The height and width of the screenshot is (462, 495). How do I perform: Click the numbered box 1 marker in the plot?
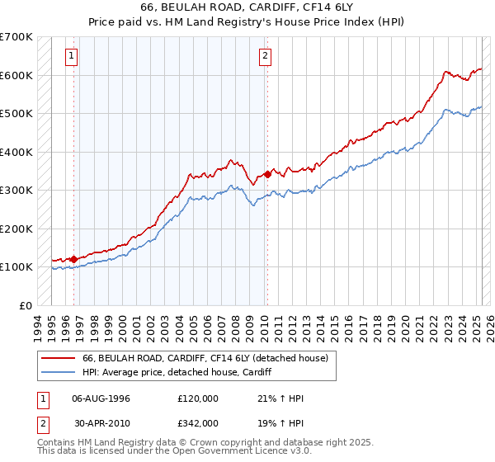click(x=73, y=56)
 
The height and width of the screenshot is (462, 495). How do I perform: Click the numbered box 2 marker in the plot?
click(x=265, y=56)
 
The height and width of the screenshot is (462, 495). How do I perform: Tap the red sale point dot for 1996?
click(x=74, y=259)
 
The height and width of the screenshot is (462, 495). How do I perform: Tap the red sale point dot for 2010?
click(x=267, y=174)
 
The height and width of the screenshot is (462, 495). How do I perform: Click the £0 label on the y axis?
click(x=26, y=305)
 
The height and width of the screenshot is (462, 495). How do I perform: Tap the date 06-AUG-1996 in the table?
click(x=101, y=398)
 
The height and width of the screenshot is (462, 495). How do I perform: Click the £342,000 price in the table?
click(x=197, y=422)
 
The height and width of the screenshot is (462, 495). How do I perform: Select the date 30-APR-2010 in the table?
click(x=101, y=422)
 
